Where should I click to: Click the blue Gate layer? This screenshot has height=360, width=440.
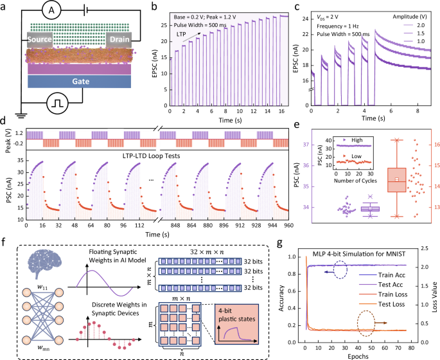coord(80,80)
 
